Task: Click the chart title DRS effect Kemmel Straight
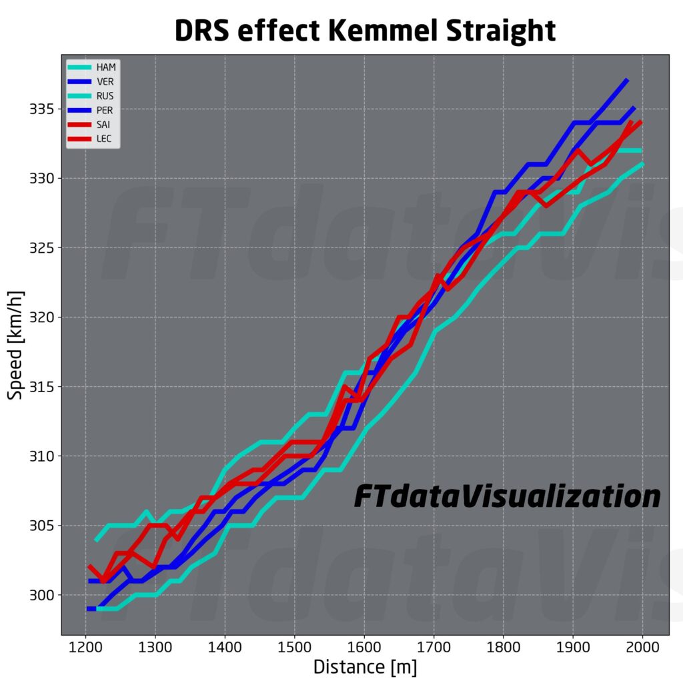[365, 31]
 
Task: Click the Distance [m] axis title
[365, 666]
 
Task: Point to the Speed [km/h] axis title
[16, 345]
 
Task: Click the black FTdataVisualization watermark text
[507, 496]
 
